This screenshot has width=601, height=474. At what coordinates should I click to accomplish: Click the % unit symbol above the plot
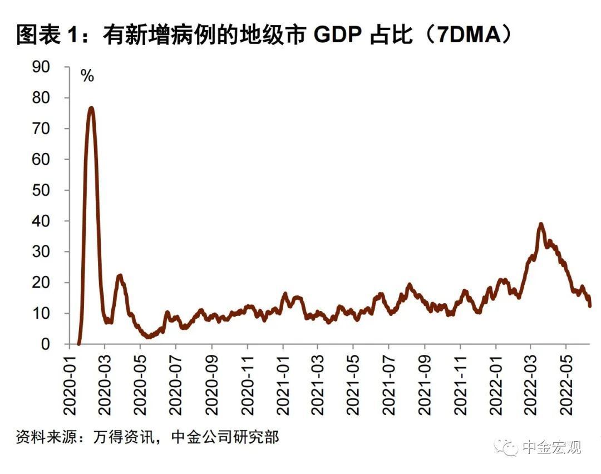87,76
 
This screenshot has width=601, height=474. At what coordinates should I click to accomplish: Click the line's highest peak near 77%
91,108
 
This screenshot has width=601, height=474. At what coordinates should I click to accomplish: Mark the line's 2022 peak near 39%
540,224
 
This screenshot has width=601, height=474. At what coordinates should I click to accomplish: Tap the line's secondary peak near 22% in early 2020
120,275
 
